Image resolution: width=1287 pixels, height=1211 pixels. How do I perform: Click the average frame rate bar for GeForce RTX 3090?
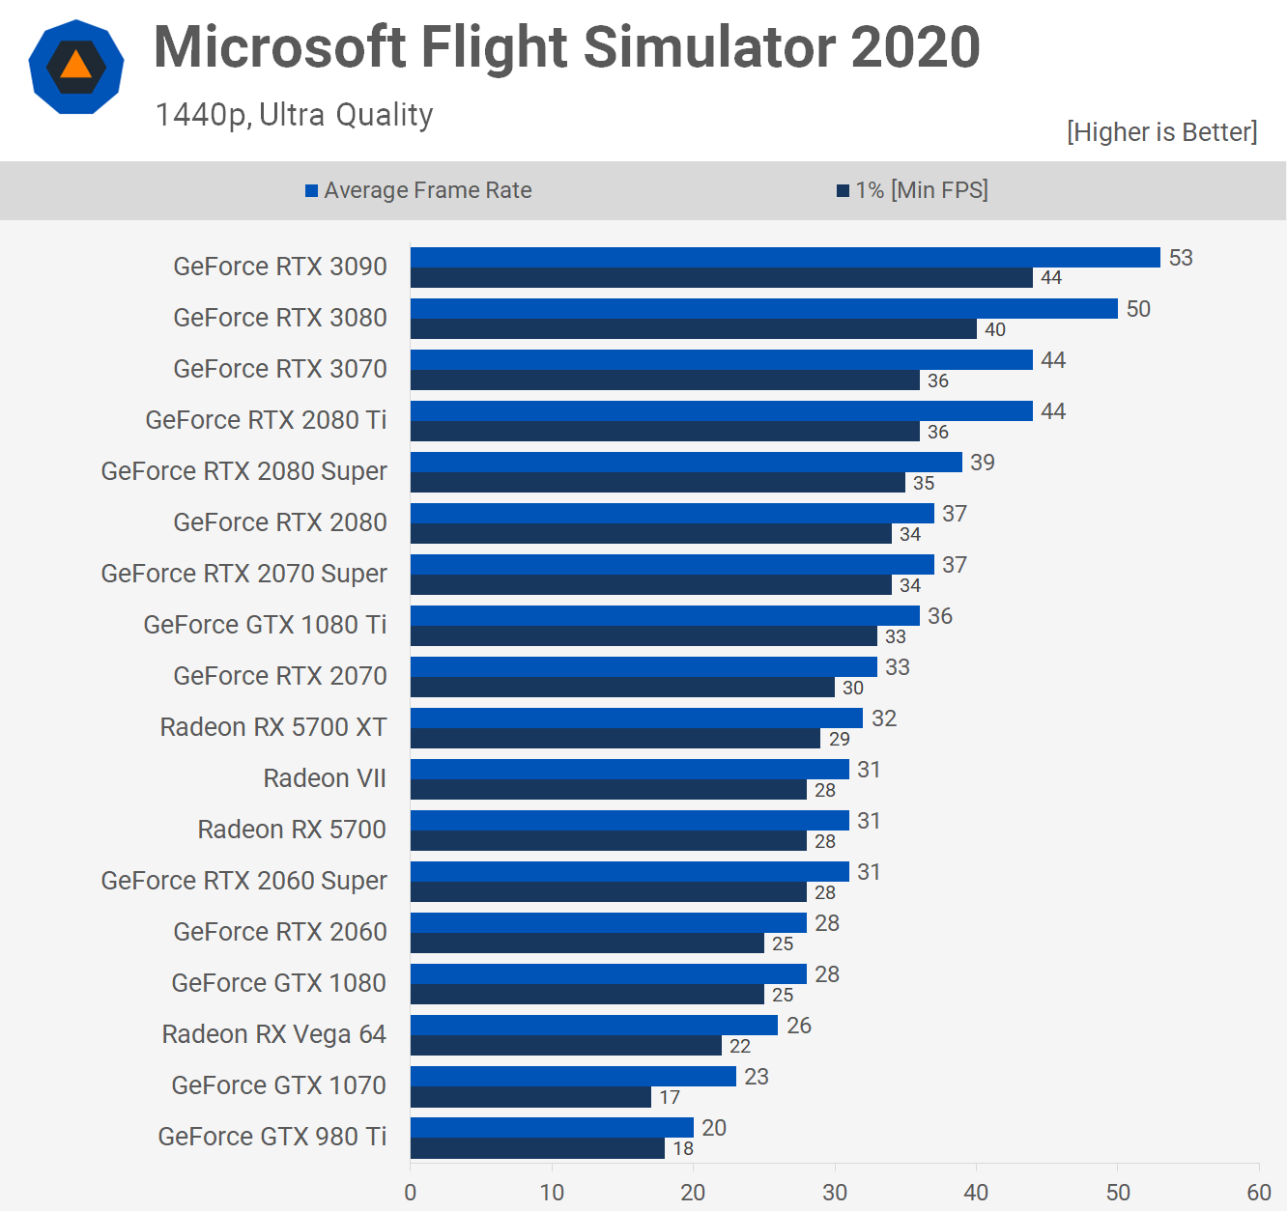pyautogui.click(x=785, y=257)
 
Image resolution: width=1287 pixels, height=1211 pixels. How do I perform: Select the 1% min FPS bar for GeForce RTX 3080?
pyautogui.click(x=693, y=329)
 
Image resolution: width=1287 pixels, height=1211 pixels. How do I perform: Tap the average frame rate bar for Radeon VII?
pyautogui.click(x=629, y=769)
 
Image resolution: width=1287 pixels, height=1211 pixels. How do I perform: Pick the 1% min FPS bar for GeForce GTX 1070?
pyautogui.click(x=530, y=1097)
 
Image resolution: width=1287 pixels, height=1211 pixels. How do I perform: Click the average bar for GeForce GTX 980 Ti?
pyautogui.click(x=552, y=1127)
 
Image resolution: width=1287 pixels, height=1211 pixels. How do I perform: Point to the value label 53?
pyautogui.click(x=1181, y=258)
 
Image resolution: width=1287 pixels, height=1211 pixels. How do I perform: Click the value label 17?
pyautogui.click(x=670, y=1097)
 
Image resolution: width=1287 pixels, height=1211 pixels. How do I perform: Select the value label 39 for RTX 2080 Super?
pyautogui.click(x=982, y=463)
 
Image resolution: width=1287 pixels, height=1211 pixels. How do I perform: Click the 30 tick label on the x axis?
pyautogui.click(x=835, y=1193)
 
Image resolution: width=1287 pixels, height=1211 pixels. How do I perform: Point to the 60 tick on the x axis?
pyautogui.click(x=1258, y=1193)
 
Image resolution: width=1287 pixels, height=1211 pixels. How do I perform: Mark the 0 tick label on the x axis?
pyautogui.click(x=411, y=1193)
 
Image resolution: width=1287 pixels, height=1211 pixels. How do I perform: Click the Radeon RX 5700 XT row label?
pyautogui.click(x=273, y=727)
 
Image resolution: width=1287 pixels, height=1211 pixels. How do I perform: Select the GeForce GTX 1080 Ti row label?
pyautogui.click(x=265, y=625)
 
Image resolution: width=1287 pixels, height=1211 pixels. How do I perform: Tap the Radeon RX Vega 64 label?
pyautogui.click(x=273, y=1034)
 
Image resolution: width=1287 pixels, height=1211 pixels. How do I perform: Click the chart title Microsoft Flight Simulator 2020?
pyautogui.click(x=567, y=46)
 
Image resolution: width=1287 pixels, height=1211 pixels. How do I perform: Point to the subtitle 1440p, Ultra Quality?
pyautogui.click(x=294, y=115)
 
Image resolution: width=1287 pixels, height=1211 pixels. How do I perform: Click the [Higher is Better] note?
pyautogui.click(x=1161, y=132)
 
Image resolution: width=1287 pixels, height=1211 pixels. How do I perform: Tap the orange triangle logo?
pyautogui.click(x=76, y=66)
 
